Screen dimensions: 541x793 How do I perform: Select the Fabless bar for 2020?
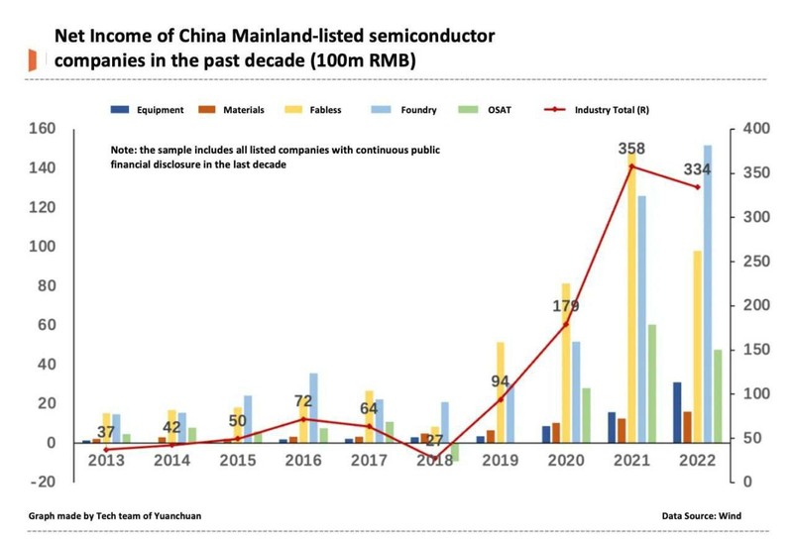[x=566, y=363]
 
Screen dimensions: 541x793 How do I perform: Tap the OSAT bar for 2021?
[x=652, y=383]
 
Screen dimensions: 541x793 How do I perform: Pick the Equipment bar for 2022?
[x=677, y=412]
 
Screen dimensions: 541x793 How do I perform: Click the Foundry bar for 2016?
[x=313, y=407]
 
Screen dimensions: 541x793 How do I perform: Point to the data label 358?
[x=631, y=149]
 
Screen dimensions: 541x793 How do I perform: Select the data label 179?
[x=565, y=306]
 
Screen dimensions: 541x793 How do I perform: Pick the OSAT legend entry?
[x=500, y=110]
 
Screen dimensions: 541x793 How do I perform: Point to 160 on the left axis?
[x=43, y=129]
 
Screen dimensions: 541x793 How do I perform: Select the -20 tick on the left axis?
[x=43, y=482]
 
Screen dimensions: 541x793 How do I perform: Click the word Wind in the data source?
[x=731, y=516]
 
